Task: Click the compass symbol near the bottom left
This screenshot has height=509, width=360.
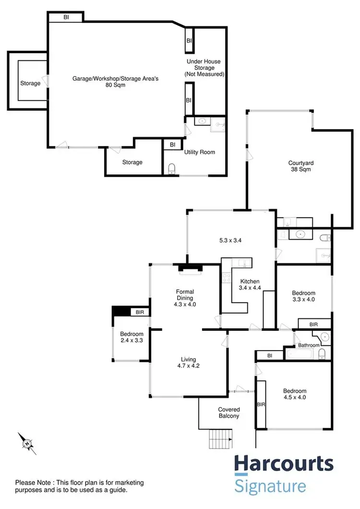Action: [27, 442]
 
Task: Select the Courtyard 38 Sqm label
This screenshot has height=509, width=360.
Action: [298, 166]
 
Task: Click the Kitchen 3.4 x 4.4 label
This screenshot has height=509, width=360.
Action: [250, 285]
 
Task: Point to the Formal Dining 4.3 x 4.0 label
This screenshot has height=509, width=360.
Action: [185, 297]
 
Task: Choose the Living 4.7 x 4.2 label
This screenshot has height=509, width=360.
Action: [188, 363]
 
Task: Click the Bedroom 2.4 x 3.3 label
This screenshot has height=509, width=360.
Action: [132, 338]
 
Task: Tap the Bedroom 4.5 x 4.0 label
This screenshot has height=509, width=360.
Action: [294, 394]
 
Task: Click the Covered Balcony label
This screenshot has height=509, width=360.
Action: [228, 412]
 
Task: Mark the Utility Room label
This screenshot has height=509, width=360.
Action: [200, 152]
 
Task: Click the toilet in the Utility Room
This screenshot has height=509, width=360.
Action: [172, 169]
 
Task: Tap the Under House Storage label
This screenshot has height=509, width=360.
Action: [204, 68]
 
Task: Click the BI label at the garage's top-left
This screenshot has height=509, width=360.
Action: [66, 17]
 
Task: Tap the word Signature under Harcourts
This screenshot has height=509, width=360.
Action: [270, 485]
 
